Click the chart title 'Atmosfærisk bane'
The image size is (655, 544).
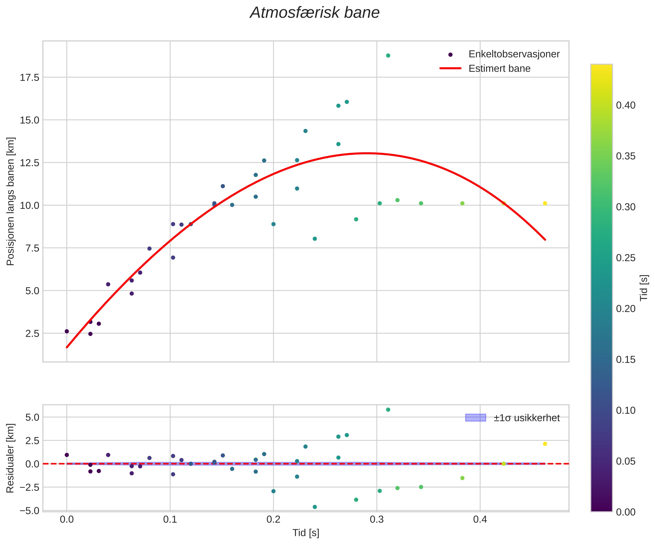pos(315,13)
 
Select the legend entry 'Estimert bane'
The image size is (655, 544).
pos(499,68)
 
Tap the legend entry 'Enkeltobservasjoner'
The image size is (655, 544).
pos(514,54)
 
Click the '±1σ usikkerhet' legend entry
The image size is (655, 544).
pos(527,418)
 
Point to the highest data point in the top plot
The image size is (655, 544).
pos(388,55)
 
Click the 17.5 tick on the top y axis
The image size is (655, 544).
pos(30,78)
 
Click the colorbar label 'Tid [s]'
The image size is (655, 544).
pos(644,288)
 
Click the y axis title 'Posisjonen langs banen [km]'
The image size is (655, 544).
pos(11,202)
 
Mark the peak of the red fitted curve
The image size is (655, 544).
pos(367,153)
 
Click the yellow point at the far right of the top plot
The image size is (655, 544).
pos(545,203)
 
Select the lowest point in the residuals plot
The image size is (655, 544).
pos(315,507)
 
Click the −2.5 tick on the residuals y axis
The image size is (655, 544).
pos(30,487)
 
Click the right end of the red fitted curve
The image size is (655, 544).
pos(545,240)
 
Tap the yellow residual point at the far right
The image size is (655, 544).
pos(545,444)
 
